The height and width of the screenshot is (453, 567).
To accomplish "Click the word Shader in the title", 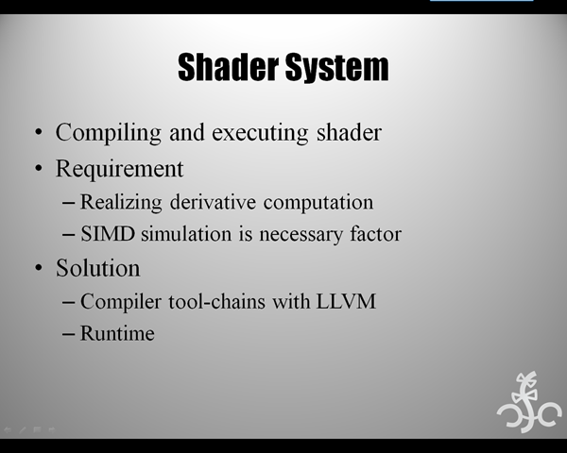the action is tap(229, 67).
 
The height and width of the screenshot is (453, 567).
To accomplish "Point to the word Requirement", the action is tap(120, 170).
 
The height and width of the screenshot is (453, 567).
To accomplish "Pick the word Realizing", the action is tap(121, 202).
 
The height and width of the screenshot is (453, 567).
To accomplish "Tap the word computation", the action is tap(318, 203).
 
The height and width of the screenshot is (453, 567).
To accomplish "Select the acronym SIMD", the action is tap(108, 234).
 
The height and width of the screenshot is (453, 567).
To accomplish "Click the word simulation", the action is tap(186, 234).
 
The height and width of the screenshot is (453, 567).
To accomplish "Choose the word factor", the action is tap(376, 234).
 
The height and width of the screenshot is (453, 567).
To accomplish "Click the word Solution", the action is tap(98, 268).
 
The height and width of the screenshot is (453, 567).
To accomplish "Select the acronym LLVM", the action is tap(347, 301).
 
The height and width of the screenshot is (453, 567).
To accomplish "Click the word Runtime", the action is tap(117, 333).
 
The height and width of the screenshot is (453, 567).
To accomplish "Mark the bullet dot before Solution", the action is tap(39, 268).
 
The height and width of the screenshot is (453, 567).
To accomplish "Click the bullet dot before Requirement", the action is tap(39, 168).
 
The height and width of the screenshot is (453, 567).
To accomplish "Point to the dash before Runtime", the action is tap(68, 334).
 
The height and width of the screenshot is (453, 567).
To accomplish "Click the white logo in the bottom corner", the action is tap(529, 402).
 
